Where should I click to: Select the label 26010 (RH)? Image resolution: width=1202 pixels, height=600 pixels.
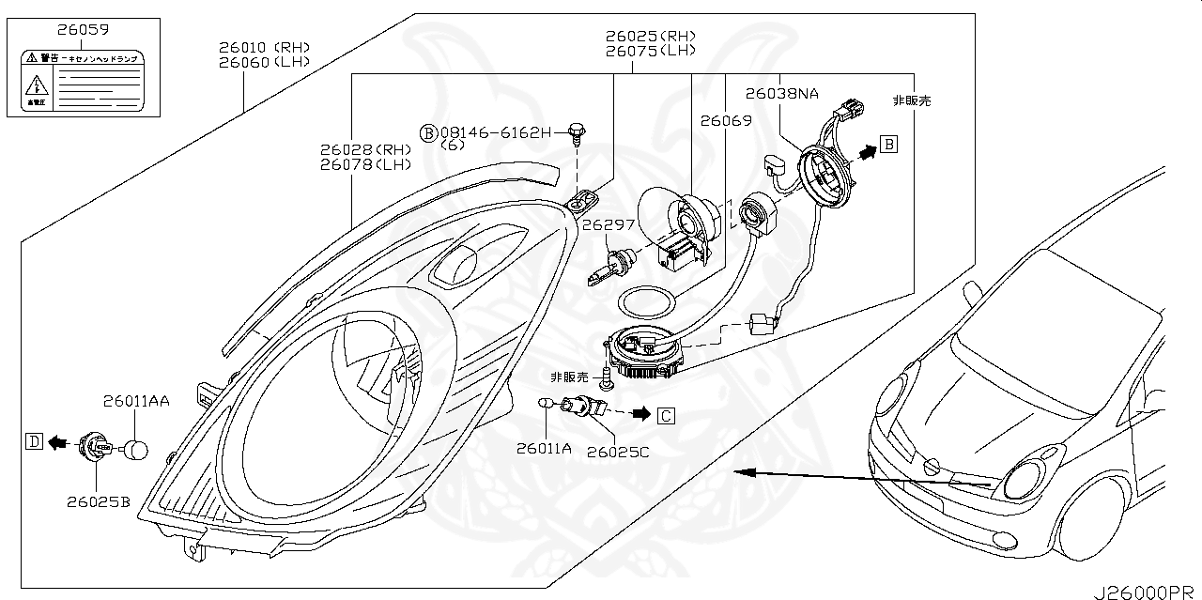pyautogui.click(x=264, y=47)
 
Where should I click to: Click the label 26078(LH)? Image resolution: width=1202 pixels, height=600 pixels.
pyautogui.click(x=365, y=165)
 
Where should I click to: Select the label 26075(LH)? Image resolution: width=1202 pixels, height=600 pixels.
pyautogui.click(x=656, y=52)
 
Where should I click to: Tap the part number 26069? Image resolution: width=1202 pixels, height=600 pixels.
pyautogui.click(x=726, y=120)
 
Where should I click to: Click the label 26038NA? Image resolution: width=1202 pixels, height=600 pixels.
pyautogui.click(x=782, y=94)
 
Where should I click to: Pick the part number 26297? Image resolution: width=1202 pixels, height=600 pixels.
pyautogui.click(x=609, y=225)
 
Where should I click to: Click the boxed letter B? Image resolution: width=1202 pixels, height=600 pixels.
pyautogui.click(x=889, y=144)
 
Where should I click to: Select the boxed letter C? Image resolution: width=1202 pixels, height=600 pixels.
pyautogui.click(x=665, y=414)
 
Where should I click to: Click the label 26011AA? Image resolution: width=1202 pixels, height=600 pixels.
pyautogui.click(x=136, y=402)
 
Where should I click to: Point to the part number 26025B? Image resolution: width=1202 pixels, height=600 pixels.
pyautogui.click(x=98, y=501)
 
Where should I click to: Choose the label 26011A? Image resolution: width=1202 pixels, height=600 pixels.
pyautogui.click(x=543, y=449)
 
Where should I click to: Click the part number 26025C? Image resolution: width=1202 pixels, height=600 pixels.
pyautogui.click(x=617, y=452)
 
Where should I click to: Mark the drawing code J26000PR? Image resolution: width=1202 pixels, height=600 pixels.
pyautogui.click(x=1145, y=592)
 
